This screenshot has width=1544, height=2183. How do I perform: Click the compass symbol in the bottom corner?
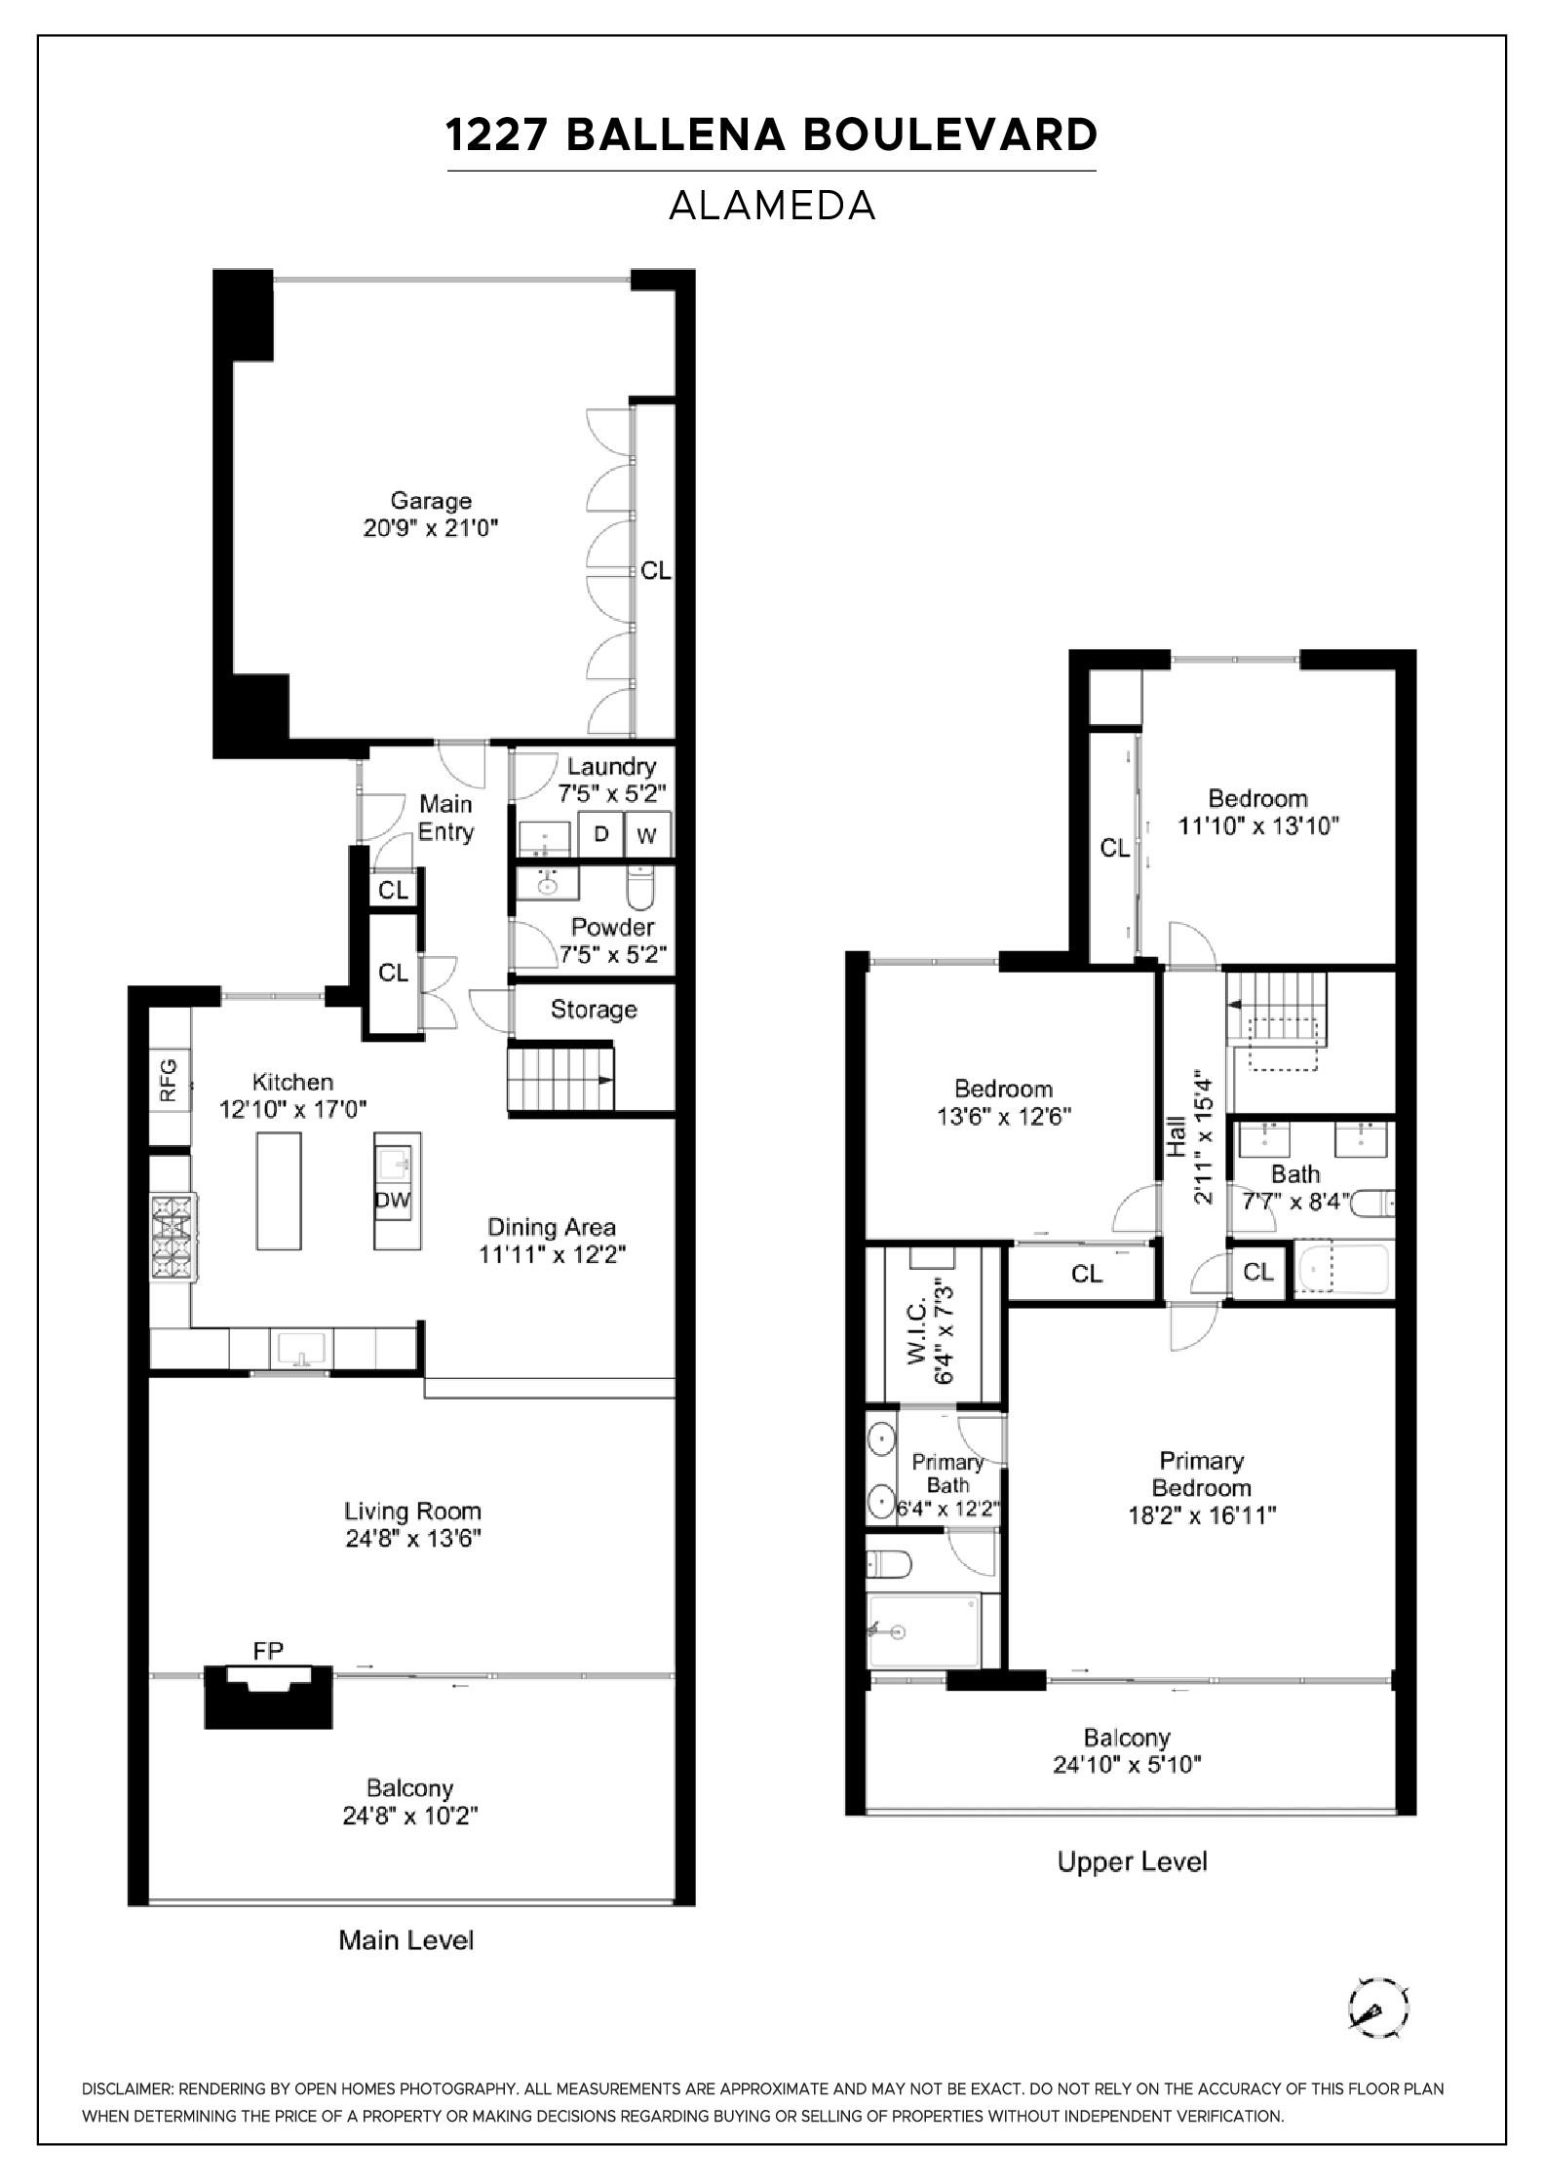tap(1379, 2008)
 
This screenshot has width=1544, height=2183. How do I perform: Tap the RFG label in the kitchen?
tap(169, 1080)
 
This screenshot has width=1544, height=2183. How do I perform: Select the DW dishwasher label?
tap(393, 1200)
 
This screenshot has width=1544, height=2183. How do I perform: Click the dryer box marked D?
tap(601, 834)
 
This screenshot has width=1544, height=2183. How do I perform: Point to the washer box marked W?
tap(647, 834)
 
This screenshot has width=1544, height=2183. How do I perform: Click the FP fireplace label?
tap(268, 1651)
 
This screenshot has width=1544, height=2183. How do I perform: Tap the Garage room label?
tap(431, 501)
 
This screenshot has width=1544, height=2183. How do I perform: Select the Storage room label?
tap(594, 1010)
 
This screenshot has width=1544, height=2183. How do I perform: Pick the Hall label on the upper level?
tap(1177, 1136)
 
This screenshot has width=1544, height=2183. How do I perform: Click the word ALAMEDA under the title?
tap(772, 206)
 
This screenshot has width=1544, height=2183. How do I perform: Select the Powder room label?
tap(612, 927)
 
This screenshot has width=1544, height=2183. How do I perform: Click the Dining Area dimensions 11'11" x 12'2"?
tap(552, 1254)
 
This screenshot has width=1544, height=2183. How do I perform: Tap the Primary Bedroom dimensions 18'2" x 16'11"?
tap(1202, 1515)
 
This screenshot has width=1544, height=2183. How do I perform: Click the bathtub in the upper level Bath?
tap(1341, 1270)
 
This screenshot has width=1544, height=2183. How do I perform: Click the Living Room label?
tap(412, 1512)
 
